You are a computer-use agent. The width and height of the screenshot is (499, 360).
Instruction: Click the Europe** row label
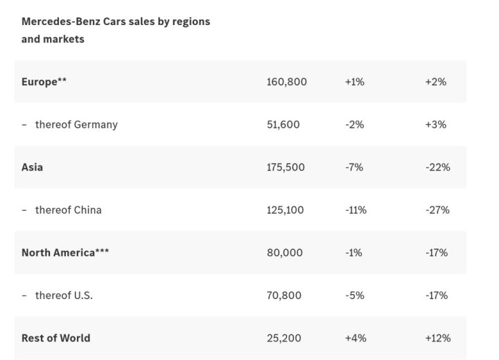point(44,82)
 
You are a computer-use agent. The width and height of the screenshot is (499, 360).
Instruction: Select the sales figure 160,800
point(286,82)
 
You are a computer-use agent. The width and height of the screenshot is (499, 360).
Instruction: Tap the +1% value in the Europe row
point(354,82)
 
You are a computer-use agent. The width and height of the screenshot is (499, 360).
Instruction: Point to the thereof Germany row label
point(76,125)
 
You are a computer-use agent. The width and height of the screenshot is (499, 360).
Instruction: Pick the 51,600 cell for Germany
point(283,125)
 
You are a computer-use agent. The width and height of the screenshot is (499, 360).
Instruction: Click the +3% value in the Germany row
point(436,125)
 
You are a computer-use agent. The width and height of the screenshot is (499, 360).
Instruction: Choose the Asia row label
point(32,167)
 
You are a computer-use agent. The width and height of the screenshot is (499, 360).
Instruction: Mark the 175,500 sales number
point(286,167)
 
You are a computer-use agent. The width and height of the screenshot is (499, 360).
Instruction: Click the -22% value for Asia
point(437,167)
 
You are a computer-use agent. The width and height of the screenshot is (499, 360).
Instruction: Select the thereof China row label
point(68,210)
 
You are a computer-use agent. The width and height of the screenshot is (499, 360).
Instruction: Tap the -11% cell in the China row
point(356,210)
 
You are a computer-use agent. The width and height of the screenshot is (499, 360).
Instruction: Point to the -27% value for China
point(437,210)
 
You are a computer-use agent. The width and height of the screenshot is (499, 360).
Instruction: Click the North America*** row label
point(65,252)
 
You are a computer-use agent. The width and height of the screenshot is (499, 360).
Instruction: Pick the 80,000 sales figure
point(284,252)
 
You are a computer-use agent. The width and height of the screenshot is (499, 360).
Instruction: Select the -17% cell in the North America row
point(437,252)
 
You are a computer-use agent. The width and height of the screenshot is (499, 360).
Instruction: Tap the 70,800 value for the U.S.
point(283,295)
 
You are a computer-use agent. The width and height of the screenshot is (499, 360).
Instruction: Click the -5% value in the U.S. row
point(353,295)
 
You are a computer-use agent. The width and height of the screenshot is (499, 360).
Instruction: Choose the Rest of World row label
point(56,338)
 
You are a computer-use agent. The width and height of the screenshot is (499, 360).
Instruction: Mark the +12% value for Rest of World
point(437,338)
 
